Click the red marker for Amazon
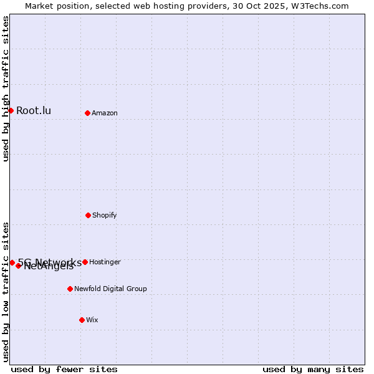pyautogui.click(x=87, y=113)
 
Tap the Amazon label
pyautogui.click(x=105, y=113)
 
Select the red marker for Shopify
pyautogui.click(x=88, y=215)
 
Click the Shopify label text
pyautogui.click(x=105, y=216)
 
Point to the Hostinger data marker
pyautogui.click(x=85, y=262)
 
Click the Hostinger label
pyautogui.click(x=105, y=262)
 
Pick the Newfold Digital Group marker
pyautogui.click(x=70, y=289)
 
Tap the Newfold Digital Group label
pyautogui.click(x=110, y=289)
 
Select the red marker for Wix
pyautogui.click(x=82, y=320)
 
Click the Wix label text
pyautogui.click(x=92, y=320)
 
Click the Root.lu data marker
pyautogui.click(x=11, y=110)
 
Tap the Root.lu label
pyautogui.click(x=34, y=111)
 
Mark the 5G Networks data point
pyautogui.click(x=12, y=262)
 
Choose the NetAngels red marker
pyautogui.click(x=19, y=266)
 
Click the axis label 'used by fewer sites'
pyautogui.click(x=64, y=369)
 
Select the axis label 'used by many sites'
pyautogui.click(x=313, y=369)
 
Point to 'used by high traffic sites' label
pyautogui.click(x=6, y=89)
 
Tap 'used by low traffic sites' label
pyautogui.click(x=6, y=291)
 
